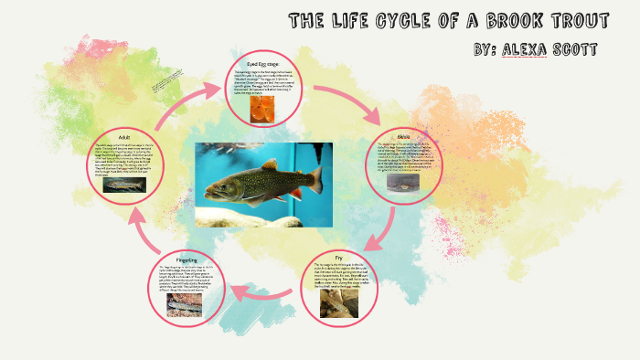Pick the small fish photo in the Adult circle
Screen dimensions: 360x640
(124, 185)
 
